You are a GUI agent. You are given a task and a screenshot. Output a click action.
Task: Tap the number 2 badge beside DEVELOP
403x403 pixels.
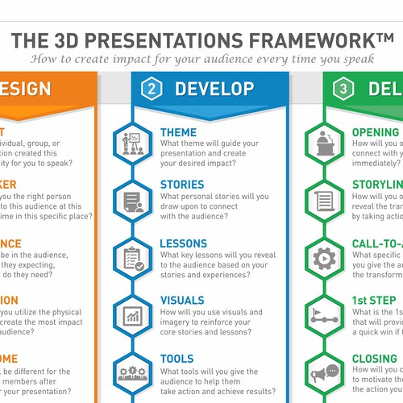pos(152,89)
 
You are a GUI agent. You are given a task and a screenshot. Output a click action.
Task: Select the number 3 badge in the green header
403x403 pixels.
pos(344,89)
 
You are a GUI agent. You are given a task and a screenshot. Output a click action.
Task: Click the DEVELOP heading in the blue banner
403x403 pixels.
pos(214,89)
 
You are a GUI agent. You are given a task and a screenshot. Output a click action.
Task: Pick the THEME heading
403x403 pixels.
pos(178,132)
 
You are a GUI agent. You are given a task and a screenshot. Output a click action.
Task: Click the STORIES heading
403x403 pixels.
pos(182,185)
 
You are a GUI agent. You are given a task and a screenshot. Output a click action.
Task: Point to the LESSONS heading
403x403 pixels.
pos(184,243)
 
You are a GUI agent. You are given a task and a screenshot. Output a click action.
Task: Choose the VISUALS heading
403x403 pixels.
pos(182,301)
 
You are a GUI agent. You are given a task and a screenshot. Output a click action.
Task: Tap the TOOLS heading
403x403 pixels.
pos(177,359)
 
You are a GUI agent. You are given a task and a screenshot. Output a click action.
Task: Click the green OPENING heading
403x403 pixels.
pos(376,132)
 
